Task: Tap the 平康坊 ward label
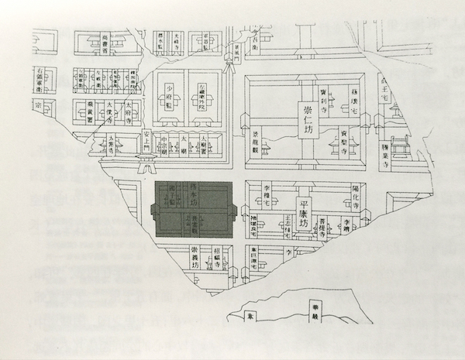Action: (308, 207)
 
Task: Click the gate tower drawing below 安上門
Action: (145, 163)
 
